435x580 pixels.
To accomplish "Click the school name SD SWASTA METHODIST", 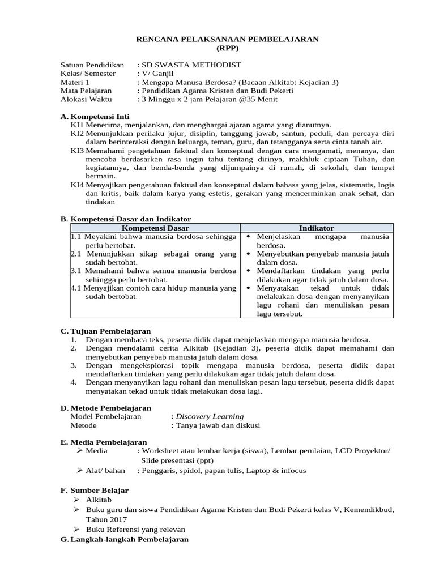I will pyautogui.click(x=193, y=65).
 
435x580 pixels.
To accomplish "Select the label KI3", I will pyautogui.click(x=77, y=151).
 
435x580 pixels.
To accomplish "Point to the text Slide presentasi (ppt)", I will pyautogui.click(x=181, y=461).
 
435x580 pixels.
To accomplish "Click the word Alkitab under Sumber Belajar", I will pyautogui.click(x=99, y=500).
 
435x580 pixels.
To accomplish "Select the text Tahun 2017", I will pyautogui.click(x=106, y=519).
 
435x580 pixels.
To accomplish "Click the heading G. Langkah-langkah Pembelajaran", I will pyautogui.click(x=124, y=540).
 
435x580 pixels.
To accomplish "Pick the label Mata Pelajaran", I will pyautogui.click(x=86, y=90).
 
